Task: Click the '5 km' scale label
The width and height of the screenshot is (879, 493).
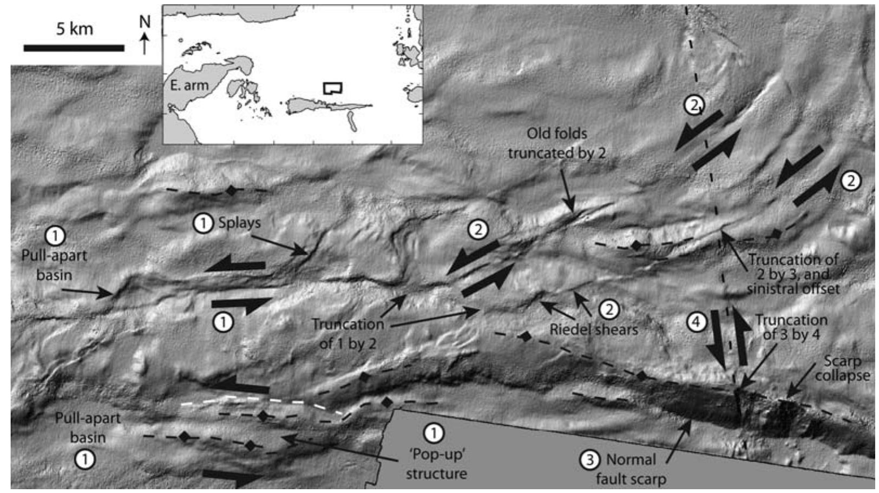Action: [75, 28]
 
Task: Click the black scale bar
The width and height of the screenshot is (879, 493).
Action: [74, 48]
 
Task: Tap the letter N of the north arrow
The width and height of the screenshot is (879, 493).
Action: [145, 22]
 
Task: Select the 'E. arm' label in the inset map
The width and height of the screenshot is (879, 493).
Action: [189, 86]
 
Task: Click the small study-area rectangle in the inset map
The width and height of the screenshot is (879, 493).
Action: [332, 88]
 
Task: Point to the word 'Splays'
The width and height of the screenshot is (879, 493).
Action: [239, 222]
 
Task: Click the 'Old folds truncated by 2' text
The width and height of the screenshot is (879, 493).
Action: [556, 143]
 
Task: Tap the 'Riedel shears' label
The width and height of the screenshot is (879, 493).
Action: [594, 329]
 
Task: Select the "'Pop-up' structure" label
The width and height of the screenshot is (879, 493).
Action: [436, 464]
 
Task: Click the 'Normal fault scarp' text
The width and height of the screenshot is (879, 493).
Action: [631, 469]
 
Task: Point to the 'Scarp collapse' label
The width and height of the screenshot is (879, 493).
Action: [842, 368]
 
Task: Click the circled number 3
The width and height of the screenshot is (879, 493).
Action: [589, 460]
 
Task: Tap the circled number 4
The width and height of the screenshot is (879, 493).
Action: [696, 323]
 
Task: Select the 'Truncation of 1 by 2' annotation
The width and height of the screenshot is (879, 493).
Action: [347, 333]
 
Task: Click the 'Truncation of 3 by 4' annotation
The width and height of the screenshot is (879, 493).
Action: [791, 327]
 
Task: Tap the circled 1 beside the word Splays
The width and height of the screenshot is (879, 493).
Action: [204, 222]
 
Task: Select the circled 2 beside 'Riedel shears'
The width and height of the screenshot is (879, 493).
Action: [609, 310]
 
